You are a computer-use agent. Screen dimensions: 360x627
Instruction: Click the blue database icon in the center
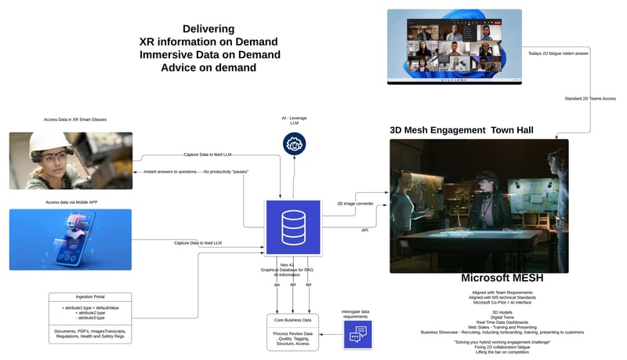tap(293, 227)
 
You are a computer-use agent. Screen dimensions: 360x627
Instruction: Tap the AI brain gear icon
tap(294, 143)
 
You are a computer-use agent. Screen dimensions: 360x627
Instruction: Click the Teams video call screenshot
tap(454, 46)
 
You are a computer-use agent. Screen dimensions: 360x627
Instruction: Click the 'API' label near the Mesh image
tap(364, 230)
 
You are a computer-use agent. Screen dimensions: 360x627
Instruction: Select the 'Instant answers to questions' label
tap(172, 171)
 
